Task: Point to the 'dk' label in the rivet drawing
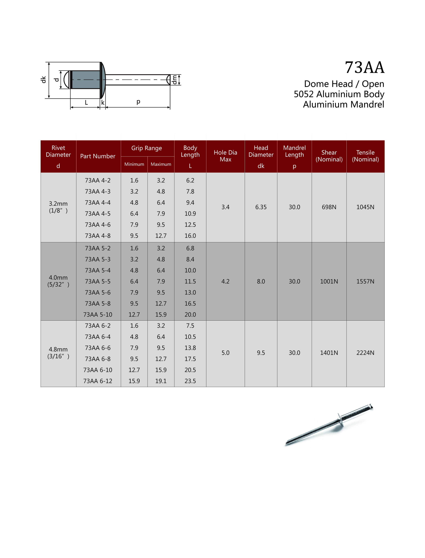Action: (x=44, y=80)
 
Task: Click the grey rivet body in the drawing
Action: (x=86, y=80)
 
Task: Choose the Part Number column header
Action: (x=98, y=156)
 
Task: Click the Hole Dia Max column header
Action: (x=225, y=156)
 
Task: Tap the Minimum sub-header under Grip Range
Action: (x=134, y=164)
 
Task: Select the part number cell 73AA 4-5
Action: (x=98, y=214)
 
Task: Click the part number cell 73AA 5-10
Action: (x=98, y=315)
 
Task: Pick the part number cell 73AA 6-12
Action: (x=98, y=381)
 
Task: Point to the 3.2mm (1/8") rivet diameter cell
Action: (x=58, y=207)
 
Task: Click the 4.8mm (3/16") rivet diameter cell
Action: (x=58, y=353)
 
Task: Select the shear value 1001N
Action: (x=329, y=281)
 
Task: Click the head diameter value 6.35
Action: (x=261, y=207)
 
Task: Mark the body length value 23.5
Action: (x=190, y=381)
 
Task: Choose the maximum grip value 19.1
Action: (x=161, y=381)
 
